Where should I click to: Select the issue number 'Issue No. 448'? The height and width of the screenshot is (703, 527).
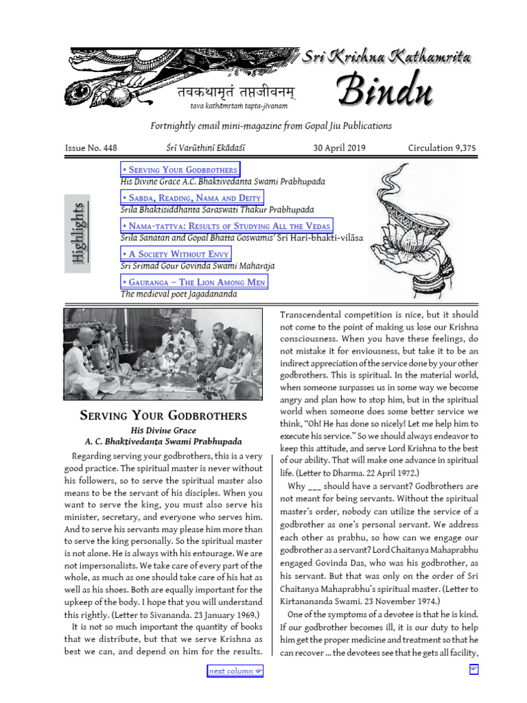point(91,148)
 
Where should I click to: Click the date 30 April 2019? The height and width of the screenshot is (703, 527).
point(339,148)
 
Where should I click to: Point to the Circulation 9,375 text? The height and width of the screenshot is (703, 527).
point(441,148)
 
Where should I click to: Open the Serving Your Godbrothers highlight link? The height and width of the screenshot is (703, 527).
point(180,170)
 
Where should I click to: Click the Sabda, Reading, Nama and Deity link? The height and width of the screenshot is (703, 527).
point(191,198)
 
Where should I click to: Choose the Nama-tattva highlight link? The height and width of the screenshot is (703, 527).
point(226,226)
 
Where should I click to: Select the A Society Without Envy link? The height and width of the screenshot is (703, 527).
point(176,254)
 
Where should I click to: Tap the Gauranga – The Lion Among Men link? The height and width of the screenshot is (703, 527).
point(194,282)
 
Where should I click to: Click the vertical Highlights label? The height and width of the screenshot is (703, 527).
point(78,233)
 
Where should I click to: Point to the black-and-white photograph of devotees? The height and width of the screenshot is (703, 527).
point(163,354)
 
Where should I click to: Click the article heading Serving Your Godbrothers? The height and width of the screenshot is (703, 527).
point(163,416)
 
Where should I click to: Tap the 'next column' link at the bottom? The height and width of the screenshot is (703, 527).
point(235,671)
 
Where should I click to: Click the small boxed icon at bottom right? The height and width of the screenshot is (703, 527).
point(473,669)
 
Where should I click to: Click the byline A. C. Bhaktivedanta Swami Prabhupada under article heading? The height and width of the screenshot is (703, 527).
point(163,441)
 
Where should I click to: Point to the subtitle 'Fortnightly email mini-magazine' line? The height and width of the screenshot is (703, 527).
point(271,126)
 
